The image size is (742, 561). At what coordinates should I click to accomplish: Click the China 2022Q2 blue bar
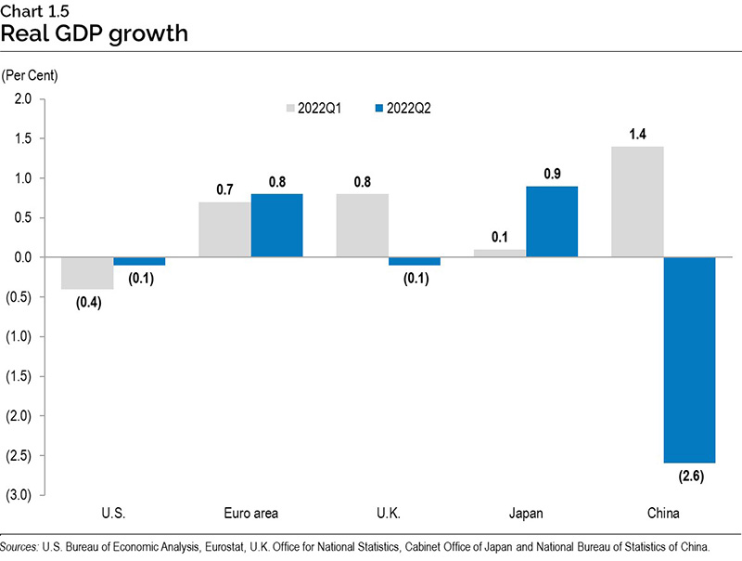pyautogui.click(x=689, y=359)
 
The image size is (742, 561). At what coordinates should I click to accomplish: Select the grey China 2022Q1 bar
pyautogui.click(x=636, y=202)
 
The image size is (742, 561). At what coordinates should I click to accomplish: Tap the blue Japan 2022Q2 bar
pyautogui.click(x=552, y=221)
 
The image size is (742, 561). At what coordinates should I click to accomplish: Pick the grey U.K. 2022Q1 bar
pyautogui.click(x=362, y=225)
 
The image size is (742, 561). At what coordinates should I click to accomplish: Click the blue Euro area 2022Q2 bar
pyautogui.click(x=276, y=225)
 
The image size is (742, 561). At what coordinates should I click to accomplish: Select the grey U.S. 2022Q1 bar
pyautogui.click(x=87, y=273)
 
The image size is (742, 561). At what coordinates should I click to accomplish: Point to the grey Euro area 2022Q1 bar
pyautogui.click(x=224, y=229)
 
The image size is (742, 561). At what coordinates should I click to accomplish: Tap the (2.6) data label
pyautogui.click(x=689, y=476)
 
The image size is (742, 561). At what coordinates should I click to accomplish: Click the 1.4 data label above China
pyautogui.click(x=636, y=135)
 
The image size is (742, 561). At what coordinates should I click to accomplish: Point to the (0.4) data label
pyautogui.click(x=87, y=303)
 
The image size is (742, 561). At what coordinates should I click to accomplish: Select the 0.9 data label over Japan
pyautogui.click(x=552, y=174)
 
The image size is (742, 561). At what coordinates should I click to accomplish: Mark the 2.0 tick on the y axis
pyautogui.click(x=22, y=98)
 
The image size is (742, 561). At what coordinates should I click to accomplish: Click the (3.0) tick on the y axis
pyautogui.click(x=20, y=495)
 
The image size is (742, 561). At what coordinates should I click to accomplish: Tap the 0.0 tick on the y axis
pyautogui.click(x=22, y=257)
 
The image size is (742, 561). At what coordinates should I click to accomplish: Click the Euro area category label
pyautogui.click(x=250, y=513)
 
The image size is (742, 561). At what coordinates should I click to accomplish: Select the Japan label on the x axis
pyautogui.click(x=525, y=513)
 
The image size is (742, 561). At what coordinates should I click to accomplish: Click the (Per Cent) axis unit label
pyautogui.click(x=29, y=73)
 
